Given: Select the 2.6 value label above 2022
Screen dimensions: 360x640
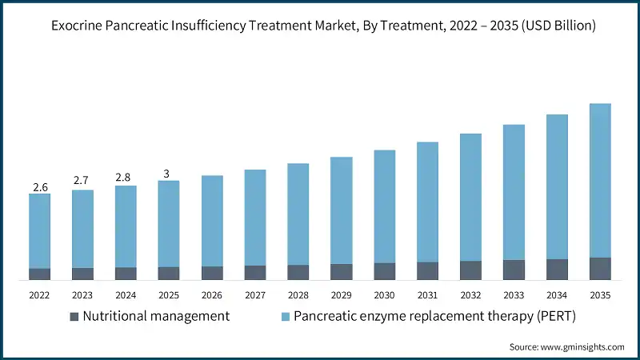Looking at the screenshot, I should point(40,187).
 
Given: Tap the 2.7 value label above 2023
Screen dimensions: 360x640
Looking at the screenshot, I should point(82,182).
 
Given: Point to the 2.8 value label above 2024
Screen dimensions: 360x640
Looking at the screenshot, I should point(126,178).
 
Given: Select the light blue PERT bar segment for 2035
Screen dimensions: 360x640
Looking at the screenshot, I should point(600,180).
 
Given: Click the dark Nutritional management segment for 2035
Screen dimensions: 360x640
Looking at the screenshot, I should point(600,269).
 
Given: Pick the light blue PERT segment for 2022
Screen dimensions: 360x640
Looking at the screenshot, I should point(40,230).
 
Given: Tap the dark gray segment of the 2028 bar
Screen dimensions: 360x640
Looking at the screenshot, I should point(298,272).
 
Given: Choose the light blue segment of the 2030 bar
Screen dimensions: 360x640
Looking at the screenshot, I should point(384,206).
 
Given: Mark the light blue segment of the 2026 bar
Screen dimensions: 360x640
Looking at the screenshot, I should point(212,221).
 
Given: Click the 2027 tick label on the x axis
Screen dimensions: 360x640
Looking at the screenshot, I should point(255,295).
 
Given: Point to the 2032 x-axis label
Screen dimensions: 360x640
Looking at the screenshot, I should point(470,295).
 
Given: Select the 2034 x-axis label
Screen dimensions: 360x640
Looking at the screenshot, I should point(557,295).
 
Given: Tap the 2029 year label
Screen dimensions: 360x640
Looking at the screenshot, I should point(341,295).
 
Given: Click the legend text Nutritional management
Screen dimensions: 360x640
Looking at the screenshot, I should point(156,317).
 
